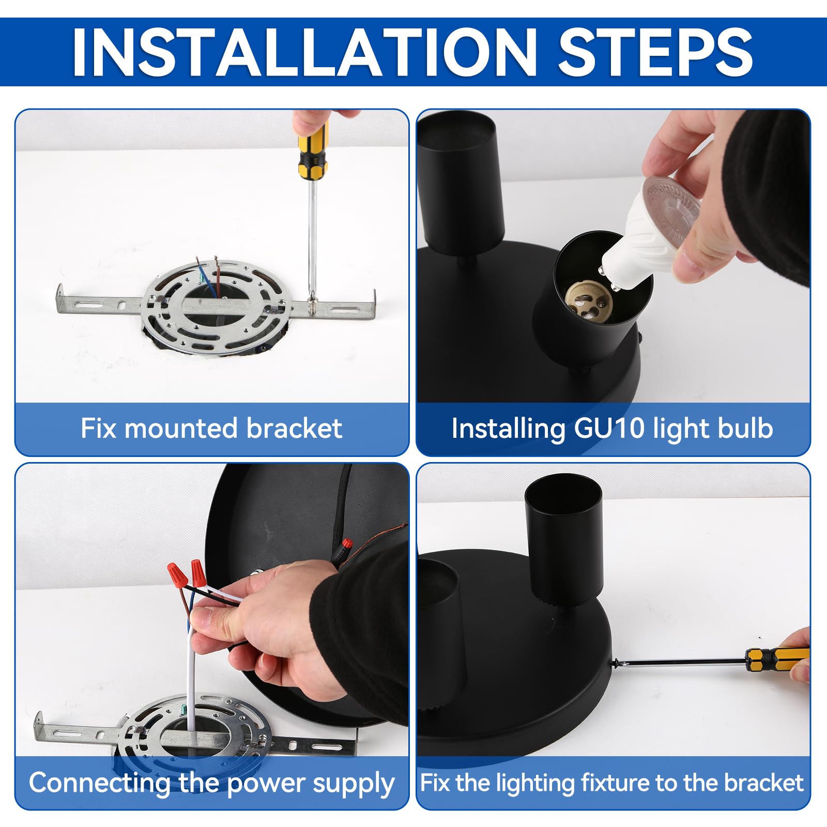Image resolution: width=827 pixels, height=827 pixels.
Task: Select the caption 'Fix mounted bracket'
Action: tap(211, 428)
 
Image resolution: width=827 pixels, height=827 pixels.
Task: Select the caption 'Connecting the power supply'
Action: tap(212, 783)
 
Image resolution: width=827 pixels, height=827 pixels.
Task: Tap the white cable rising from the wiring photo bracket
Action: tap(192, 672)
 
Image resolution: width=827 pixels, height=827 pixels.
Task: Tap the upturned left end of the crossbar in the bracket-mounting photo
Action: tap(60, 298)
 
